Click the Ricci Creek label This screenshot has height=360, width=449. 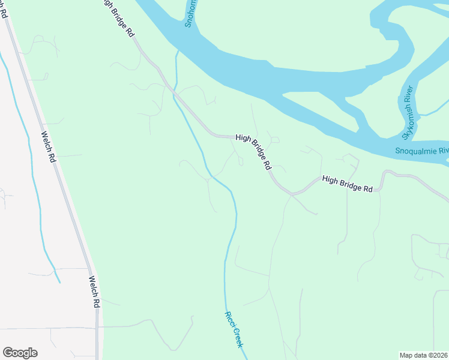[234, 329]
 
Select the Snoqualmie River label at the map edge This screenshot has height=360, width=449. [422, 151]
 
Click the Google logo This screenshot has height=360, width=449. [20, 353]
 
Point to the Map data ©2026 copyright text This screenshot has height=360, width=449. [424, 355]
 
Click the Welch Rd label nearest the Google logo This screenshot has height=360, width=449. [93, 292]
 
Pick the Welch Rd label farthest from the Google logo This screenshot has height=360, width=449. [49, 148]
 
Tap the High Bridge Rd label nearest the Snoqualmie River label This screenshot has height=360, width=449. [347, 184]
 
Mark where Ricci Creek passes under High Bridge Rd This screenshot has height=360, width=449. [175, 91]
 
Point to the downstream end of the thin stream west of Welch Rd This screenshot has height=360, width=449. [59, 282]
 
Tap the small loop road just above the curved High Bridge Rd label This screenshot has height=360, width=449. [274, 139]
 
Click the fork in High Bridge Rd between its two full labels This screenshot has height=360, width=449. [292, 194]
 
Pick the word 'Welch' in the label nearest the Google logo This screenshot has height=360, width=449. [92, 285]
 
